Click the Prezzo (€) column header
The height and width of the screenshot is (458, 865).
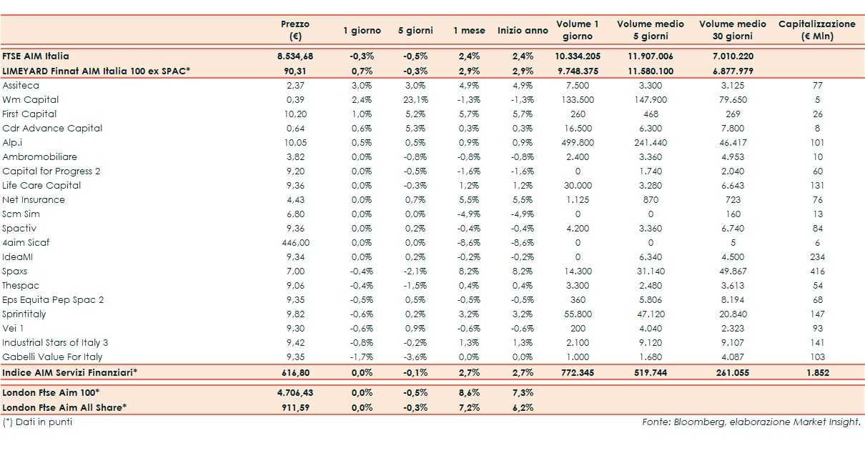point(295,29)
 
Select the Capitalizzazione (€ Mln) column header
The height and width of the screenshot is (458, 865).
point(816,29)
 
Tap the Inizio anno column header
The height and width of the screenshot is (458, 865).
point(523,31)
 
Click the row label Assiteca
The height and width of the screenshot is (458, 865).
point(21,85)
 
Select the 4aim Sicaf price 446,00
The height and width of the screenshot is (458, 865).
point(295,242)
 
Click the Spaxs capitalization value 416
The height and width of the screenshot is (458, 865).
point(817,271)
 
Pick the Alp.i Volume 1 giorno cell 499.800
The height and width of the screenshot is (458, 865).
point(577,142)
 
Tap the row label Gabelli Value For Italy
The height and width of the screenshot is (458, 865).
point(52,357)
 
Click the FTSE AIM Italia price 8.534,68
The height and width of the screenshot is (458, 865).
point(295,56)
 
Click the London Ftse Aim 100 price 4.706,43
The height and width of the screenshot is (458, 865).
point(295,392)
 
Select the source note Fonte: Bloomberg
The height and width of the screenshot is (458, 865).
point(751,422)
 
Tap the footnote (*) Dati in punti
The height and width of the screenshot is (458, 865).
point(37,422)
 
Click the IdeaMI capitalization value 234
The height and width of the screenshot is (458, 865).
point(817,257)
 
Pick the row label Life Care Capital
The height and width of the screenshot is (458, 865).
point(41,185)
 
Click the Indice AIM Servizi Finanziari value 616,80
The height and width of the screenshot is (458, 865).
point(295,372)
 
